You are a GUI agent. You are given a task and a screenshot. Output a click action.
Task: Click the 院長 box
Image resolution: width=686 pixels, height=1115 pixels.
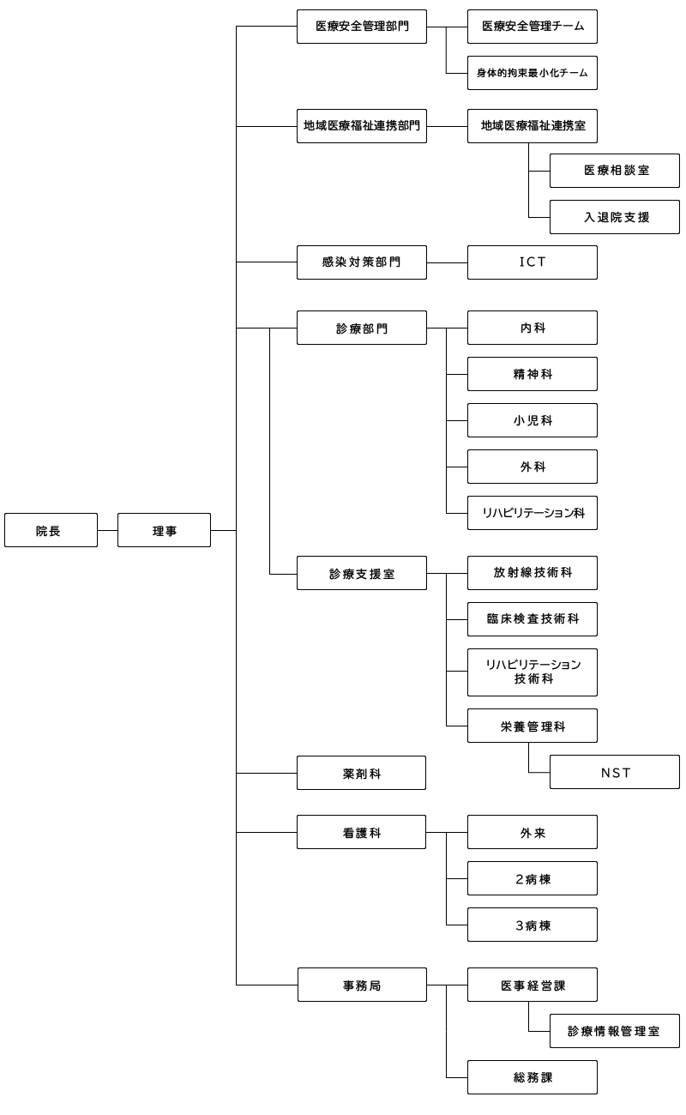pyautogui.click(x=51, y=530)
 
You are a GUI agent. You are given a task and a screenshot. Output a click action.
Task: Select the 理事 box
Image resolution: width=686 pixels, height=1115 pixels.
pyautogui.click(x=164, y=530)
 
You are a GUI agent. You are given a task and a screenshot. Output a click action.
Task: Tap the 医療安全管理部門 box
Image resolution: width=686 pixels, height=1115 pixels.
pyautogui.click(x=361, y=27)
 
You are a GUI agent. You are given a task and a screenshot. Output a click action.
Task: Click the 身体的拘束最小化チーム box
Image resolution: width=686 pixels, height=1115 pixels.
pyautogui.click(x=532, y=73)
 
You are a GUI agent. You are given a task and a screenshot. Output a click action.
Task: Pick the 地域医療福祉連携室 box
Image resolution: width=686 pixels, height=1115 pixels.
pyautogui.click(x=532, y=126)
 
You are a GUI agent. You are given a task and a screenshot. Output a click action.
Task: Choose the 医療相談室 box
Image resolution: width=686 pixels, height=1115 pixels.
pyautogui.click(x=614, y=171)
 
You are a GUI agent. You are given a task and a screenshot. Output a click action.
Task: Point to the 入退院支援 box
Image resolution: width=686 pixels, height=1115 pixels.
pyautogui.click(x=614, y=217)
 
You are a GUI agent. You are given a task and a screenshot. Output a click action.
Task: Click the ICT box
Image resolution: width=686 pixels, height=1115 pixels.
pyautogui.click(x=532, y=262)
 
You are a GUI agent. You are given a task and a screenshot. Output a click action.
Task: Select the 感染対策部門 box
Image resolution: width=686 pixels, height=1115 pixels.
pyautogui.click(x=361, y=262)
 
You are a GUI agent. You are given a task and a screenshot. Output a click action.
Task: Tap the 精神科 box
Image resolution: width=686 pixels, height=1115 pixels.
pyautogui.click(x=532, y=374)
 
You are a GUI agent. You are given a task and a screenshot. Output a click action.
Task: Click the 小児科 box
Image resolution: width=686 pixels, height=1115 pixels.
pyautogui.click(x=532, y=420)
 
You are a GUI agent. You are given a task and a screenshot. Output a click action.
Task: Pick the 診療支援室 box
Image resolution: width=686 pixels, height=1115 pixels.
pyautogui.click(x=361, y=573)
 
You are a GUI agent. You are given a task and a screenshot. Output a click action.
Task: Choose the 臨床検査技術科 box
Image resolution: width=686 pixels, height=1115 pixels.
pyautogui.click(x=532, y=619)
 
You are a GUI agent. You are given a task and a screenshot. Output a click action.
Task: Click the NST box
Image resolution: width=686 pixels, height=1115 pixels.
pyautogui.click(x=614, y=772)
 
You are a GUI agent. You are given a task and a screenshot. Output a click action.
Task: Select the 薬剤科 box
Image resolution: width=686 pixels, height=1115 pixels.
pyautogui.click(x=361, y=773)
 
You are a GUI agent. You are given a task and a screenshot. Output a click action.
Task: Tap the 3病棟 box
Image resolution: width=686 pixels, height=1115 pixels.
pyautogui.click(x=532, y=925)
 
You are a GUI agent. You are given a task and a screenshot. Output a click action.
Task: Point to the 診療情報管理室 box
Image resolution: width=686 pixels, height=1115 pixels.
pyautogui.click(x=614, y=1031)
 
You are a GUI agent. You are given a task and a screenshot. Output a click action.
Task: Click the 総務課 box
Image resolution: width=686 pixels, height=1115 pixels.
pyautogui.click(x=532, y=1077)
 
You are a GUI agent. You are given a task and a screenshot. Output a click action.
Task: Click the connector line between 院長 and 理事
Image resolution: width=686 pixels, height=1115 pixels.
pyautogui.click(x=107, y=530)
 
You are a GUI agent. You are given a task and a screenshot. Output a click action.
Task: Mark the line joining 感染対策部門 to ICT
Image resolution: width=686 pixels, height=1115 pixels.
pyautogui.click(x=447, y=262)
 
